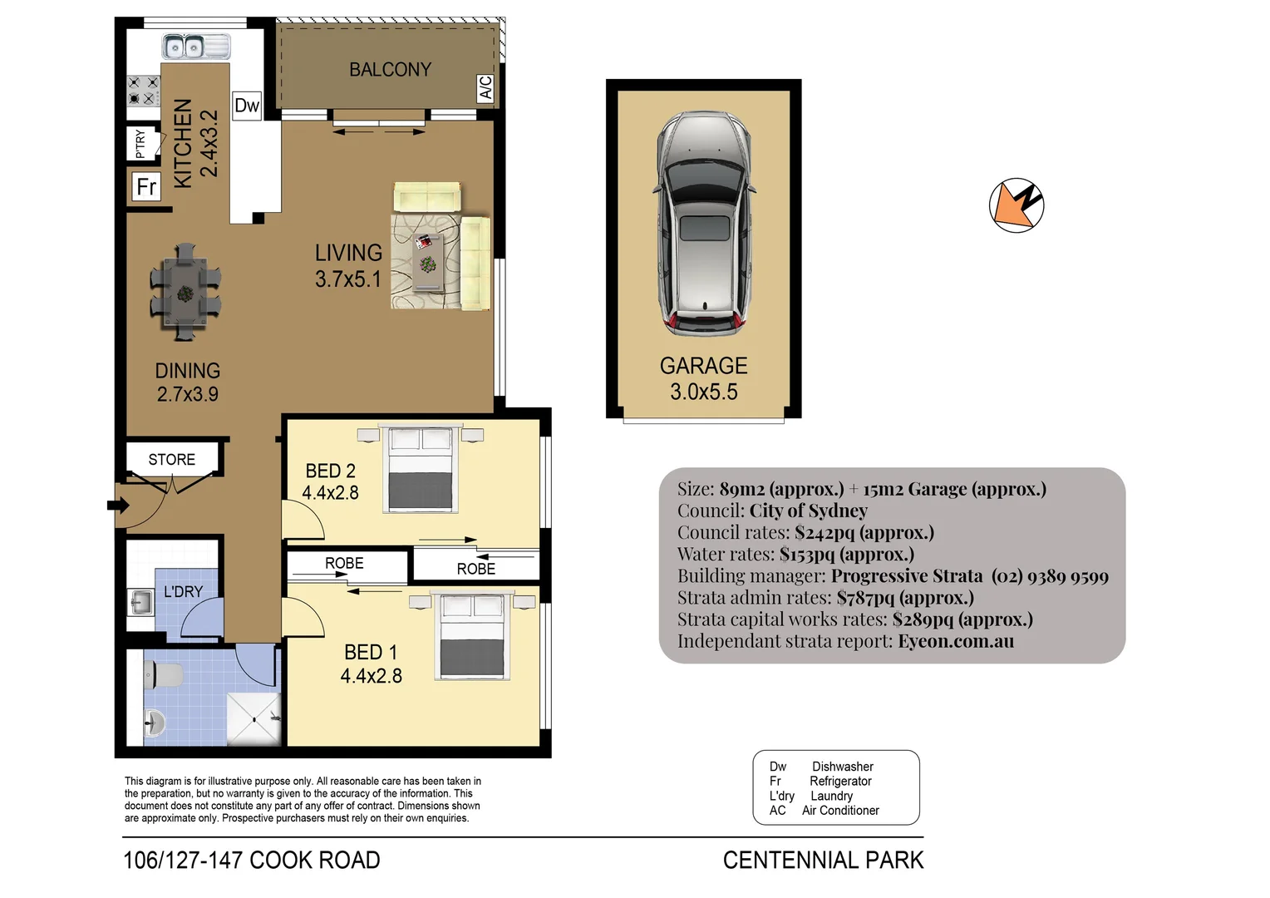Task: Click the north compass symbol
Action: coord(1016,205)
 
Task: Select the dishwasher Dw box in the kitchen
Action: coord(247,106)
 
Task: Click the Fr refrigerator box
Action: coord(146,186)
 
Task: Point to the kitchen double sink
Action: coord(194,47)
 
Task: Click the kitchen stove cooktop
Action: coord(143,91)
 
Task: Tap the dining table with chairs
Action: coord(185,293)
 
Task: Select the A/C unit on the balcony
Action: coord(486,87)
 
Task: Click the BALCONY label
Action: coord(390,70)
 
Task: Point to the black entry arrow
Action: coord(118,505)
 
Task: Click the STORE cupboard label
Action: coord(172,460)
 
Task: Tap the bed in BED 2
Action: coord(421,468)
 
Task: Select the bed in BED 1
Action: coord(471,635)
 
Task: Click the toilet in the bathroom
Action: coord(163,675)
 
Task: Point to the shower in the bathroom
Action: coord(254,719)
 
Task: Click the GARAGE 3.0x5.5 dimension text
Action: coord(703,392)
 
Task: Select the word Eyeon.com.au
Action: coord(955,641)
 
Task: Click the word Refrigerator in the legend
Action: coord(840,782)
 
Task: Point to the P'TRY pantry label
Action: coord(140,144)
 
